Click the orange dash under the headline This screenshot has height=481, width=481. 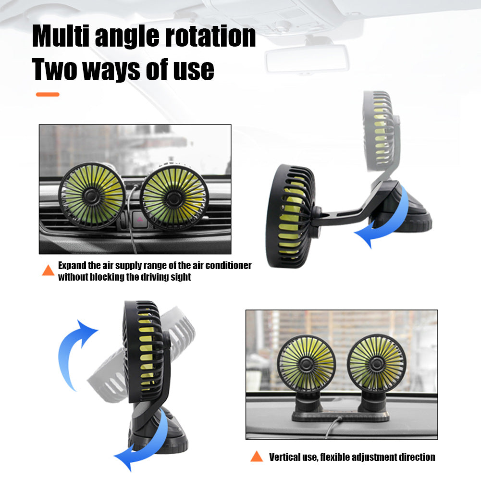(x=48, y=95)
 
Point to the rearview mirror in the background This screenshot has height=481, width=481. (x=307, y=58)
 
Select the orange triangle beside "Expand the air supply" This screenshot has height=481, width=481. (x=48, y=271)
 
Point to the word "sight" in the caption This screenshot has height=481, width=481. (x=180, y=277)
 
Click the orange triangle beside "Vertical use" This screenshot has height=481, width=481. (x=257, y=456)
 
